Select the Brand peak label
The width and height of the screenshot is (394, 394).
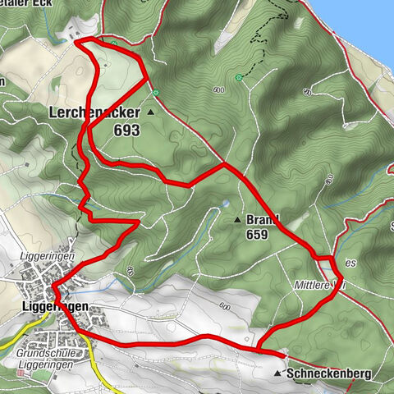point(262,220)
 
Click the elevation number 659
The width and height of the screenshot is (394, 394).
point(256,235)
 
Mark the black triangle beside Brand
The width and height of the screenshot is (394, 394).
point(236,220)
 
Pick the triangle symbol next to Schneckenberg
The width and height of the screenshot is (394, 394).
point(277,373)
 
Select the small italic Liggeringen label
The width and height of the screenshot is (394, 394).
point(41,256)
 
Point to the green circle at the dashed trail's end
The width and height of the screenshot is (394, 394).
point(239,77)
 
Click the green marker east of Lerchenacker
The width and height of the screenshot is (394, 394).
point(155,93)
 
